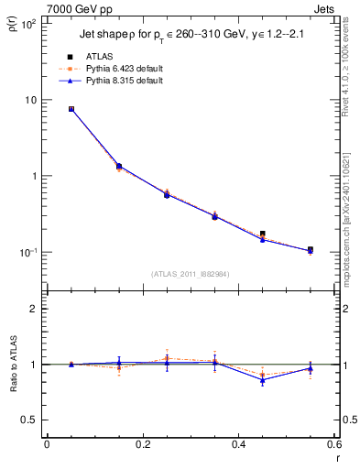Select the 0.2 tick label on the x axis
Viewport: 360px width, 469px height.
[x=143, y=444]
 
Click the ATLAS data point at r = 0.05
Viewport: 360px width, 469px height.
[x=71, y=109]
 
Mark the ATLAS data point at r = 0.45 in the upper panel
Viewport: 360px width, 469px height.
[x=263, y=234]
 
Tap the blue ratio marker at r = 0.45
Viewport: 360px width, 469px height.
[x=263, y=379]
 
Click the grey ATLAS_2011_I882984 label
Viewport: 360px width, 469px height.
[x=191, y=274]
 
